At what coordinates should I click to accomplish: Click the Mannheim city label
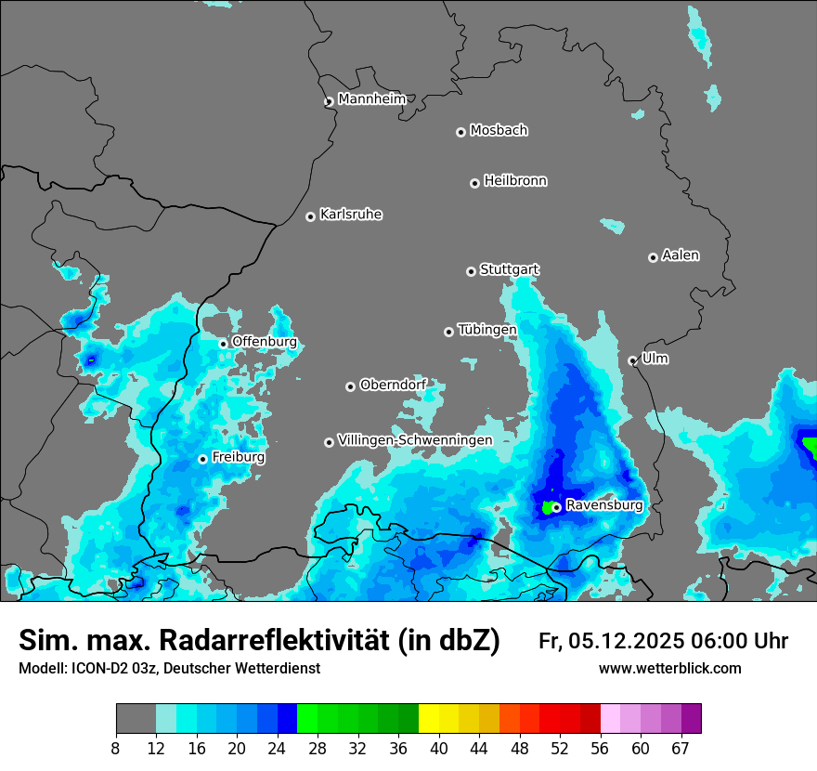(371, 99)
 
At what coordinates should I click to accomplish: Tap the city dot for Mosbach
(460, 132)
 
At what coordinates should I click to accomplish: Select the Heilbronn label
(515, 181)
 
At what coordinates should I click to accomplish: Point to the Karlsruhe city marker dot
(311, 216)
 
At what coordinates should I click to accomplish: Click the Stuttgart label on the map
(509, 269)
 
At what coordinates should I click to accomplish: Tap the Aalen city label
(681, 255)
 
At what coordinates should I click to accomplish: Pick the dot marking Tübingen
(449, 332)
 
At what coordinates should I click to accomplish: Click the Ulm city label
(655, 359)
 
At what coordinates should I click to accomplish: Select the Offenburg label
(265, 342)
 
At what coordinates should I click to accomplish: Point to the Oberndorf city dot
(351, 386)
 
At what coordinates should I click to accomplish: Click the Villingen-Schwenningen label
(415, 440)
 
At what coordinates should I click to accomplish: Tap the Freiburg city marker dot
(202, 459)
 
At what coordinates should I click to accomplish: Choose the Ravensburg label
(603, 505)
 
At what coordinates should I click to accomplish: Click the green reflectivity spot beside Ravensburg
(547, 507)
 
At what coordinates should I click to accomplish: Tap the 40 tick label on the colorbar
(439, 748)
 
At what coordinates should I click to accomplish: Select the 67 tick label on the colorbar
(681, 748)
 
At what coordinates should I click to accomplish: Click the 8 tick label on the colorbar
(116, 748)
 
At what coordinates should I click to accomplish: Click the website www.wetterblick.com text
(669, 669)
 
